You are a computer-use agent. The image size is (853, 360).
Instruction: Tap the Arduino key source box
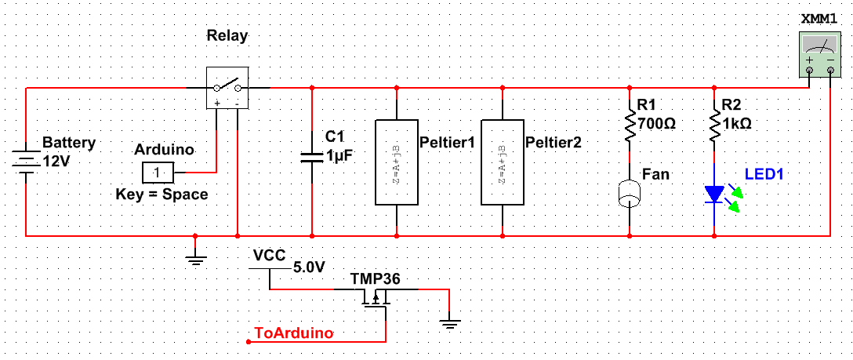(158, 172)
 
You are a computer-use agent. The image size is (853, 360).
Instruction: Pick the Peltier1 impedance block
(397, 162)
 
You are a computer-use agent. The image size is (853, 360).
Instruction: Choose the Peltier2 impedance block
(502, 162)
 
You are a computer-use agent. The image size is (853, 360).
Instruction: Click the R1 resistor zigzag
(630, 125)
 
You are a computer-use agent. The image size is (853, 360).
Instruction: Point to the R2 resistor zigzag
(715, 125)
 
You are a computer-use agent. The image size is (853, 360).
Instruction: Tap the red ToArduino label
(294, 333)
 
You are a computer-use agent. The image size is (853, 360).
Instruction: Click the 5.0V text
(308, 267)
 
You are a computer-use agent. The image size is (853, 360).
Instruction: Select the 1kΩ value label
(738, 123)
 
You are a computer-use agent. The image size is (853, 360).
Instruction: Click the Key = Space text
(162, 194)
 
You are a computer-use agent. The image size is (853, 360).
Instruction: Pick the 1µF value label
(340, 155)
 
